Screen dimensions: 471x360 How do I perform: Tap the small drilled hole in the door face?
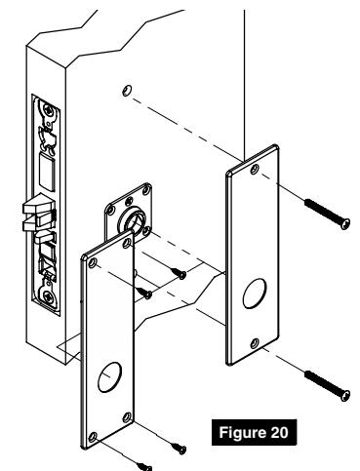pyautogui.click(x=126, y=91)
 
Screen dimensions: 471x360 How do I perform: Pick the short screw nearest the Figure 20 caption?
pyautogui.click(x=179, y=446)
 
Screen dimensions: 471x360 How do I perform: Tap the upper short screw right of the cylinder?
pyautogui.click(x=180, y=275)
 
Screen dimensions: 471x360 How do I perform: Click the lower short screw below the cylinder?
pyautogui.click(x=146, y=291)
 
